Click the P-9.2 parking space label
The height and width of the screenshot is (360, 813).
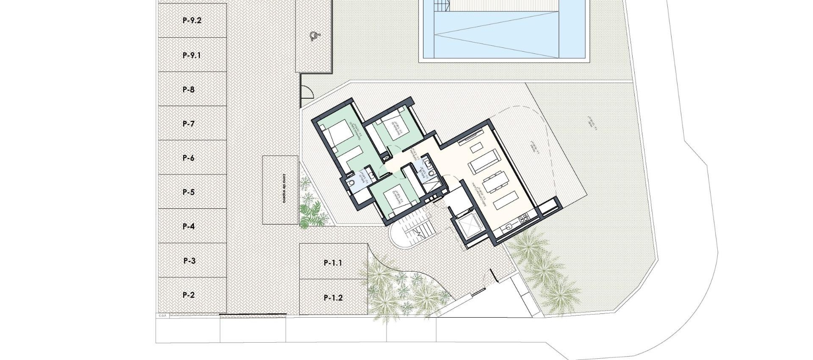pyautogui.click(x=192, y=20)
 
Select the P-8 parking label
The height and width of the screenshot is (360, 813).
pyautogui.click(x=189, y=89)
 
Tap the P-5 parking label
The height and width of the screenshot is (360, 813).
pyautogui.click(x=189, y=192)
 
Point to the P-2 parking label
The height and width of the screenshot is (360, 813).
pyautogui.click(x=189, y=295)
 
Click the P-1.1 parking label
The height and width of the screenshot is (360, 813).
pyautogui.click(x=333, y=263)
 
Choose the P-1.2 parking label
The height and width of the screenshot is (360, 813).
pyautogui.click(x=333, y=298)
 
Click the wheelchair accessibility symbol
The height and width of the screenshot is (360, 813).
pyautogui.click(x=314, y=37)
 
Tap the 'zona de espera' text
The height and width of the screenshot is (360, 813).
pyautogui.click(x=280, y=190)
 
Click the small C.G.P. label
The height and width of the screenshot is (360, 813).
pyautogui.click(x=163, y=316)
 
